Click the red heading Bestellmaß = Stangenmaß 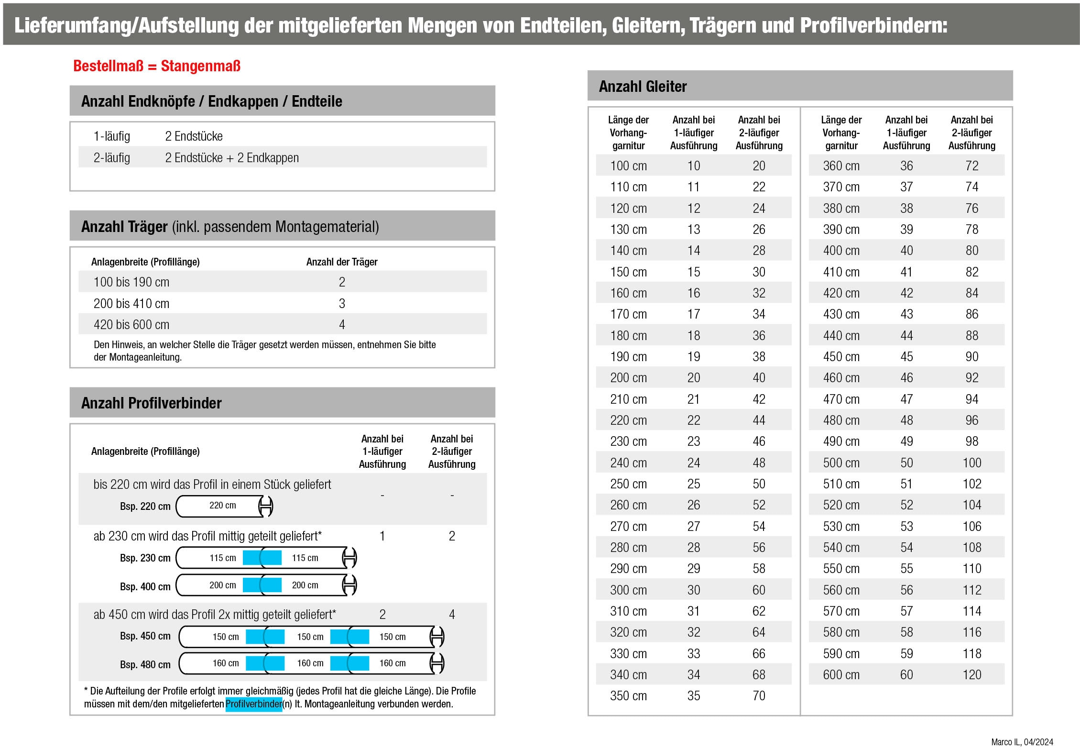[156, 66]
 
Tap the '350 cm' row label [628, 695]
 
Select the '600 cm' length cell [841, 674]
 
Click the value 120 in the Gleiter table [971, 674]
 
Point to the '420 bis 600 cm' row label [131, 325]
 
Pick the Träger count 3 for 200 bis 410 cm [342, 304]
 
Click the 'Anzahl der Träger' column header [342, 262]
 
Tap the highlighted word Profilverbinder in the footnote [253, 704]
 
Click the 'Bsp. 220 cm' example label [145, 507]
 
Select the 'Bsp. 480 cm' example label [145, 664]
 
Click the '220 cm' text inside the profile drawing [222, 506]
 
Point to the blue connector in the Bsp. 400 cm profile [262, 585]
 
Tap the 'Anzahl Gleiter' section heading [643, 87]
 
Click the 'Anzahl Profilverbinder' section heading [151, 403]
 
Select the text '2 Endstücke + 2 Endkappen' [232, 158]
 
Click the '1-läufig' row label [111, 136]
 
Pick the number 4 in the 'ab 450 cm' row [452, 615]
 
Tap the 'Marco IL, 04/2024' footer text [1022, 742]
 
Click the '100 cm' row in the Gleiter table [628, 166]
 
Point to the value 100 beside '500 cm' [971, 463]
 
